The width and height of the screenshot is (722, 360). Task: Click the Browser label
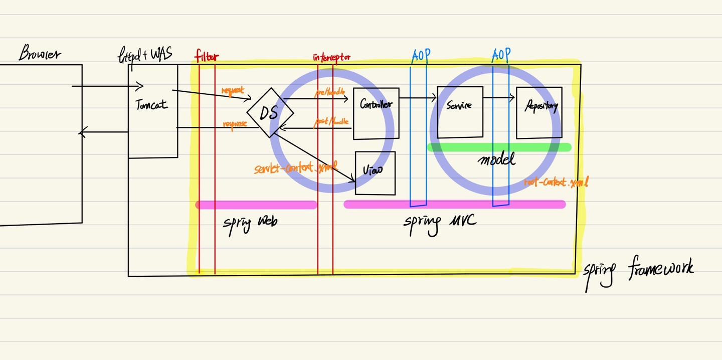click(x=40, y=53)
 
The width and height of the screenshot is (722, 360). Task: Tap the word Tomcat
click(x=151, y=105)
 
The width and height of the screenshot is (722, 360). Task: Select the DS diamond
click(x=269, y=113)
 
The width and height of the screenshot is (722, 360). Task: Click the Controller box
click(x=376, y=113)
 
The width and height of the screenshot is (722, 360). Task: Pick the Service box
click(x=460, y=112)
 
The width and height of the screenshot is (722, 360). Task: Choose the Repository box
click(x=539, y=112)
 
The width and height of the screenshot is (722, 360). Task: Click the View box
click(x=375, y=173)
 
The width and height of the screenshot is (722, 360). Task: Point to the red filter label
click(x=207, y=56)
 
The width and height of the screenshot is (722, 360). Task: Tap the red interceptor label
click(x=331, y=57)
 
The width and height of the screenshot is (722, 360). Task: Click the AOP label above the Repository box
click(x=501, y=55)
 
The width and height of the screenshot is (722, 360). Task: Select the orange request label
click(x=233, y=91)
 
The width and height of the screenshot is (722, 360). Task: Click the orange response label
click(x=234, y=124)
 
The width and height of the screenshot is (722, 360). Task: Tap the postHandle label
click(x=331, y=122)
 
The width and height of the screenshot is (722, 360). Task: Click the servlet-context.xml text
click(x=295, y=168)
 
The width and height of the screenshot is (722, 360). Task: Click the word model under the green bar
click(x=496, y=160)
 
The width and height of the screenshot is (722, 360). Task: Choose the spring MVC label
click(x=440, y=223)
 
